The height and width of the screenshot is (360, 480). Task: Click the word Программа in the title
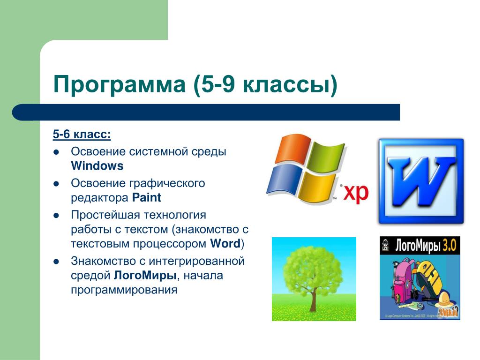120,84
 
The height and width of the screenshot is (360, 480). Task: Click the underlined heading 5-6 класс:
82,134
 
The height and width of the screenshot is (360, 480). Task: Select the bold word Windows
97,165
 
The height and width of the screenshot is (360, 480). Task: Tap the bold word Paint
146,197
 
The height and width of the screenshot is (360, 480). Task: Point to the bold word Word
225,244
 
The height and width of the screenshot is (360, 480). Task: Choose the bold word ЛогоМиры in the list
145,276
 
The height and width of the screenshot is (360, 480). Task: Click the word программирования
124,290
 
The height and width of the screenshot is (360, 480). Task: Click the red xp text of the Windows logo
356,193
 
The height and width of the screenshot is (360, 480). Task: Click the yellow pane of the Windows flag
317,188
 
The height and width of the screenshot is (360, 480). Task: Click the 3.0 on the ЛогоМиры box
449,245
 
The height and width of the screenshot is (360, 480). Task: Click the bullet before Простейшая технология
56,216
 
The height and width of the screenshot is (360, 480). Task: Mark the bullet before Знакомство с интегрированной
56,262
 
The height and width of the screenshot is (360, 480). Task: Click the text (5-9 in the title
214,84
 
